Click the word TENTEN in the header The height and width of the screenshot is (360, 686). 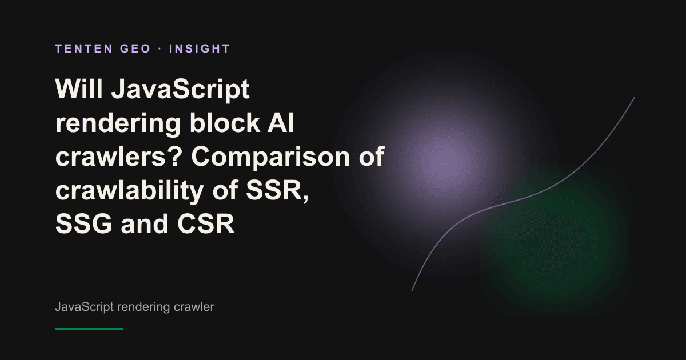coord(84,49)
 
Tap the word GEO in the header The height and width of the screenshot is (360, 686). coord(135,49)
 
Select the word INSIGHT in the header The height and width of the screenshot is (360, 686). coord(200,49)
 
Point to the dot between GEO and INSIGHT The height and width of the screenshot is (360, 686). coord(160,49)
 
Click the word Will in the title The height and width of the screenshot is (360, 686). coord(79,89)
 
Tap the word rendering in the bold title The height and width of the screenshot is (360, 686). coord(118,123)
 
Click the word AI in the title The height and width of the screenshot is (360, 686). coord(281,122)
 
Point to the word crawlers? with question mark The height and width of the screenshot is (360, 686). coord(119,156)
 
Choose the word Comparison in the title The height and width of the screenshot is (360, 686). coord(270,157)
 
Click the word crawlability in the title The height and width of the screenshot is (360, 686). coord(130,190)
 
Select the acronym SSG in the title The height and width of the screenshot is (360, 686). coord(83,223)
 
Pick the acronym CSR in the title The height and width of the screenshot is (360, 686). coord(206,223)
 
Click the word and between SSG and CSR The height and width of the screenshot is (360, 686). coord(145,223)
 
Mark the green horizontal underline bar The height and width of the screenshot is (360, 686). coord(89,329)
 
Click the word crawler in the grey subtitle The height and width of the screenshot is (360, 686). coord(194,307)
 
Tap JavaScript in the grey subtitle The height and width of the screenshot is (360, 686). coord(84,307)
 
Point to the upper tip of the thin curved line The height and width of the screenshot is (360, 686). coord(634,98)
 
